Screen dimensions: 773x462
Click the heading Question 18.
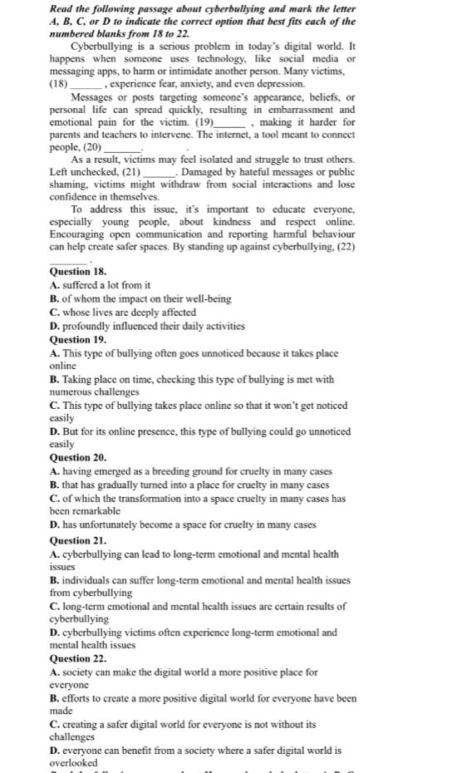78,272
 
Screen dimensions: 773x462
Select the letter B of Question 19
54,380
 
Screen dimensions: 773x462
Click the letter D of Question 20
54,524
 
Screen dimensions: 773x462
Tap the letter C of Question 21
54,606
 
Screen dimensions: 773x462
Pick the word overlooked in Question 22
74,762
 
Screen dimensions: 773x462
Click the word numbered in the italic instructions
75,33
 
